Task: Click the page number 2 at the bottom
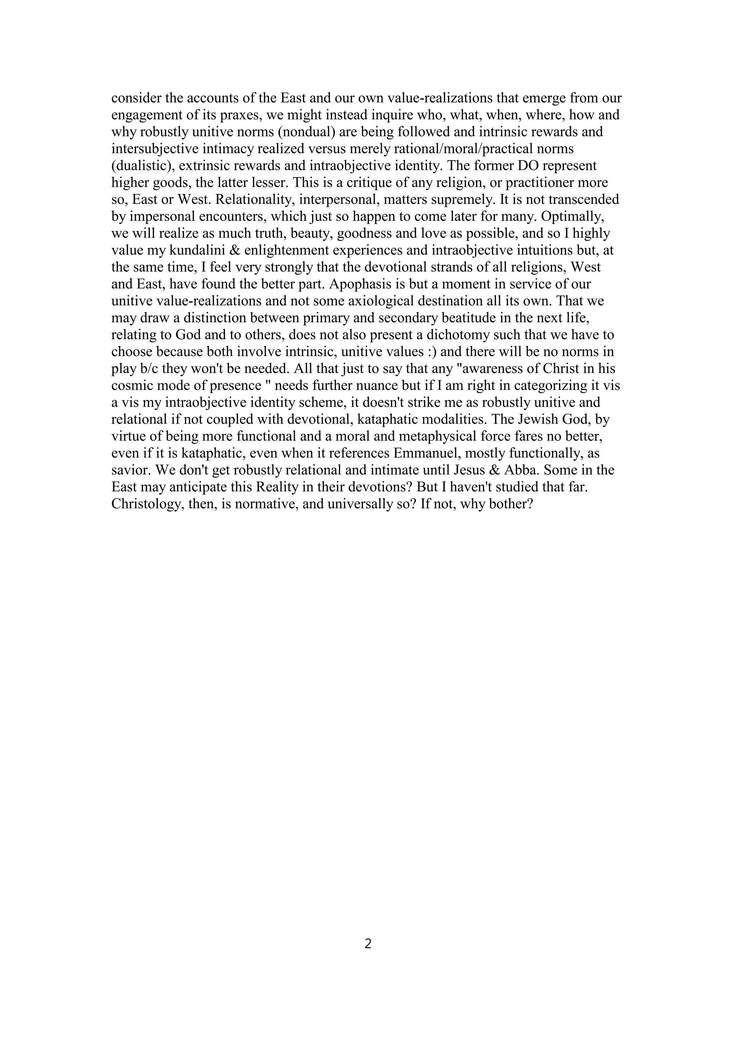click(368, 944)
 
